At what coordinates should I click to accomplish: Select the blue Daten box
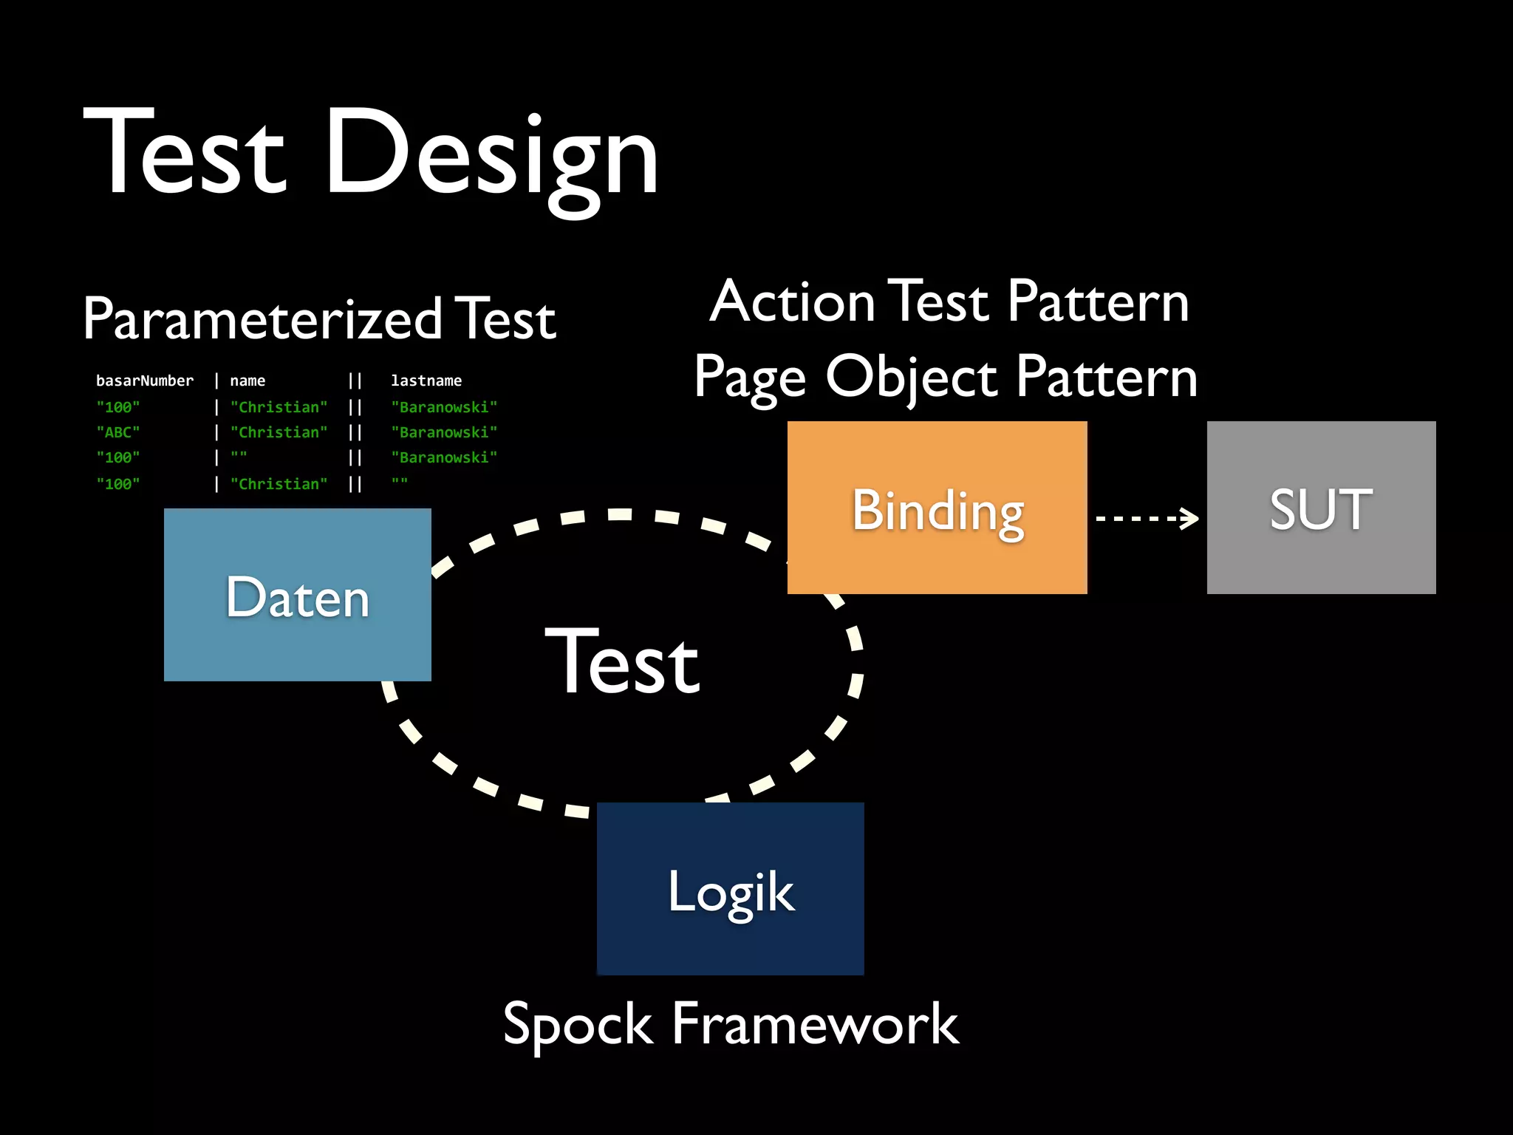click(297, 596)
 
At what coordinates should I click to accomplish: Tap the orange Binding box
click(937, 508)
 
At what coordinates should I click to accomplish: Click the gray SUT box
click(1321, 508)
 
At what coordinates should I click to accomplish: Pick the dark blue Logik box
click(730, 890)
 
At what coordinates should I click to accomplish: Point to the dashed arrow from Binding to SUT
click(1147, 518)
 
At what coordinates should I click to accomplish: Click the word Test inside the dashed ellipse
click(622, 662)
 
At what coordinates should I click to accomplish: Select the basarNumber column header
click(145, 381)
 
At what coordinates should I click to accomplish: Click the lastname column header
click(426, 381)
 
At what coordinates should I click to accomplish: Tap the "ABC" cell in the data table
click(118, 432)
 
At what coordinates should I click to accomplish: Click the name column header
click(247, 381)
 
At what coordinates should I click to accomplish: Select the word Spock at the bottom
click(578, 1025)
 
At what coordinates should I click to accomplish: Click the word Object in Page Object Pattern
click(913, 377)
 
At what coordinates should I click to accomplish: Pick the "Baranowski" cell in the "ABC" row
click(444, 432)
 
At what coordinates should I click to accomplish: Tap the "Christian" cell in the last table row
click(279, 484)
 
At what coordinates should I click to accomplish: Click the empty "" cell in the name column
click(239, 457)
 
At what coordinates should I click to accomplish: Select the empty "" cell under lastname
click(400, 483)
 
